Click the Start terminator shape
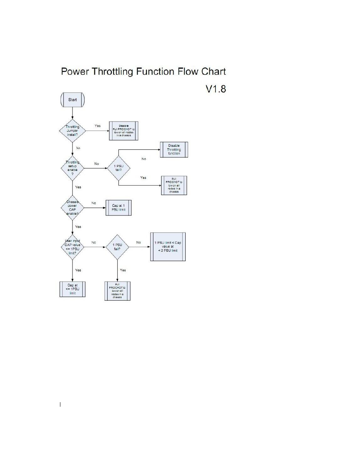tap(72, 100)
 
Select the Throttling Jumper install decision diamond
tap(72, 131)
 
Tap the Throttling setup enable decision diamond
tap(72, 168)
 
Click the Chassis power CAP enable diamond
tap(72, 208)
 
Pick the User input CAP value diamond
tap(72, 247)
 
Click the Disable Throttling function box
tap(174, 150)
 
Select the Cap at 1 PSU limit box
tap(118, 208)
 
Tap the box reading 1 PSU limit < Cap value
tap(168, 247)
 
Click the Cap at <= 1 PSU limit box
tap(72, 289)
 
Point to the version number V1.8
tap(215, 89)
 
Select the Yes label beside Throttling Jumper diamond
tap(98, 126)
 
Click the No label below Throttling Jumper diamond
tap(78, 148)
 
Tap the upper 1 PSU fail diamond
tap(118, 168)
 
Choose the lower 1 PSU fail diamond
tap(117, 247)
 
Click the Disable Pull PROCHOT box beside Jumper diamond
tap(124, 131)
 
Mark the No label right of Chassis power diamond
tap(94, 203)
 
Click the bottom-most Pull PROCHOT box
tap(117, 291)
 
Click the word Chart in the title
tap(213, 72)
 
